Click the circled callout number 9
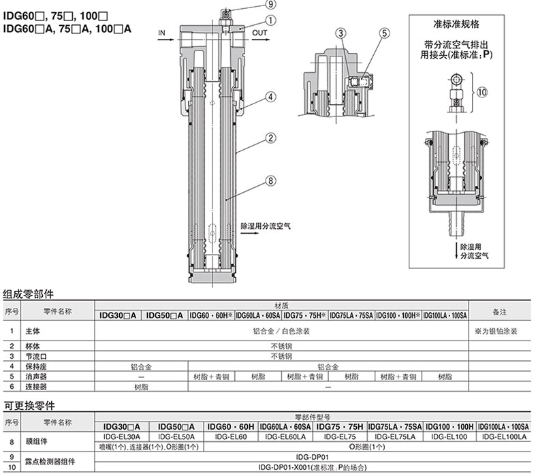point(271,5)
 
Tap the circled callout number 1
point(271,20)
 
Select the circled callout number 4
point(271,97)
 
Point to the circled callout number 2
point(271,138)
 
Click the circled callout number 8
point(271,180)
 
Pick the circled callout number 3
point(341,33)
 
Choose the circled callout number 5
point(385,33)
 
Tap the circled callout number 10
point(482,92)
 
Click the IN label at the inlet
point(161,33)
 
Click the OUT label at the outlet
point(259,33)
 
